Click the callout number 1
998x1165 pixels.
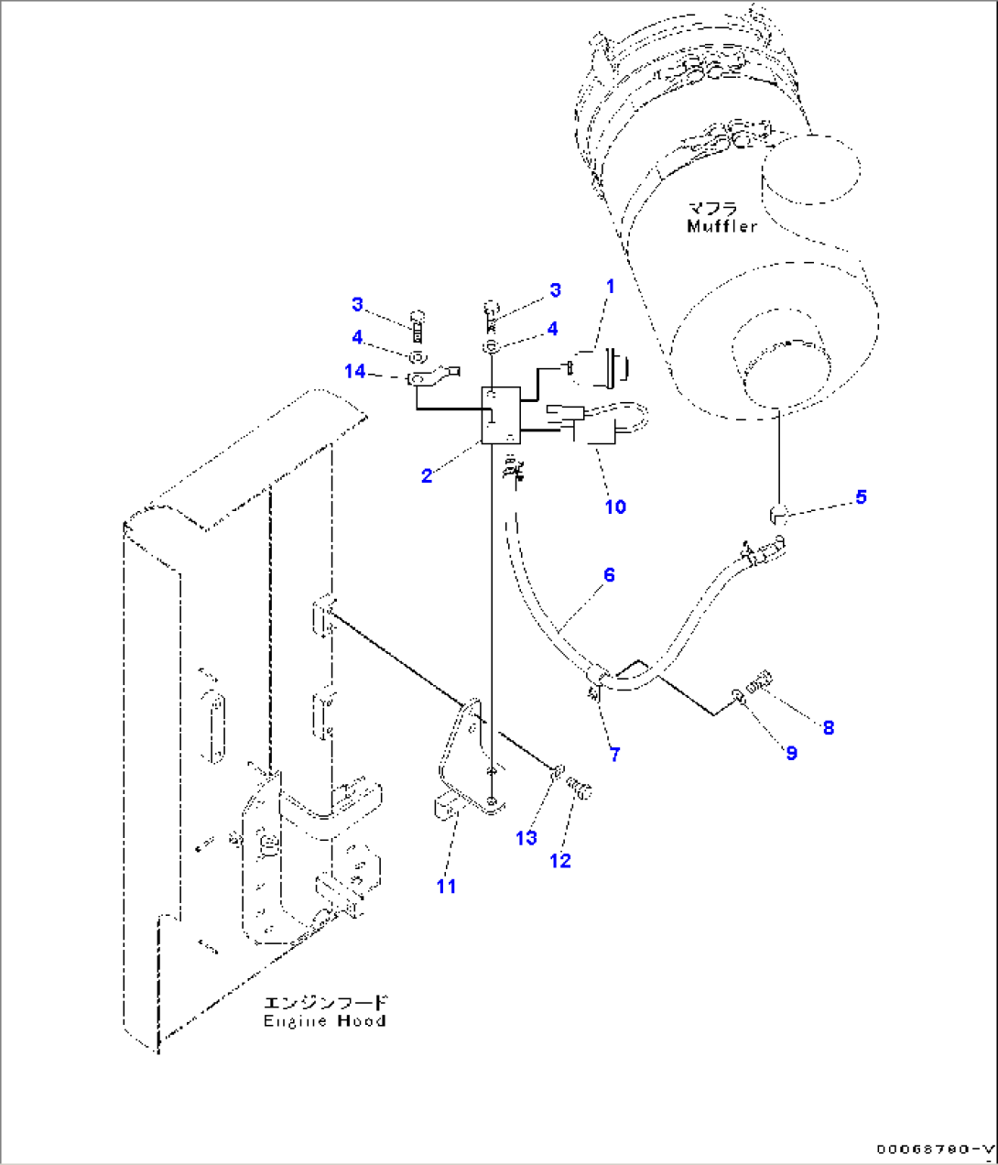(610, 287)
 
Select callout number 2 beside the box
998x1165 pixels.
(427, 476)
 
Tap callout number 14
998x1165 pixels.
(354, 371)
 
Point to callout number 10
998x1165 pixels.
(615, 506)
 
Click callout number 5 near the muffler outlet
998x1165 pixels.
(861, 497)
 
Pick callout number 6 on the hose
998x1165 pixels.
(609, 575)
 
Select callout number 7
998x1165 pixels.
(615, 754)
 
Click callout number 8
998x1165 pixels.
(828, 727)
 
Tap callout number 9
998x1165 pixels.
(791, 753)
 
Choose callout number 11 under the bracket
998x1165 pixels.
(446, 886)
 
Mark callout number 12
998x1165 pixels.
(560, 860)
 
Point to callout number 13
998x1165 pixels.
(526, 837)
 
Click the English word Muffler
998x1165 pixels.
(722, 226)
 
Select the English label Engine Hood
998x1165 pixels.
(325, 1020)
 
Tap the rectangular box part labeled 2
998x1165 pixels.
(501, 415)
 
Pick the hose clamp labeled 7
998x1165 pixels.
(595, 680)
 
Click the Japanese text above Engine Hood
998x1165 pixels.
(325, 1002)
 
